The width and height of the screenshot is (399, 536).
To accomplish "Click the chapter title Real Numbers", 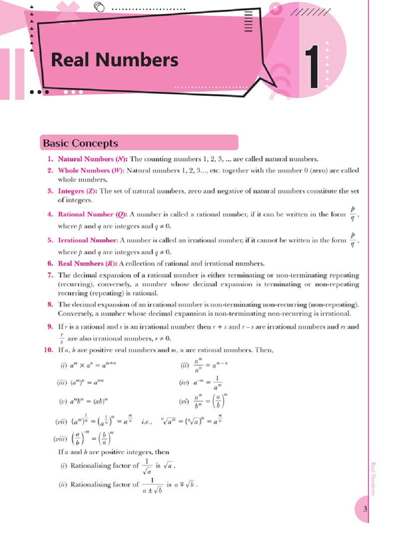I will point(115,60).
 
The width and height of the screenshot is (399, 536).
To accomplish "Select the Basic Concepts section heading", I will point(81,143).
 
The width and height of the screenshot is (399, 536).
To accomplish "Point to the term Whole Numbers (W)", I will point(91,170).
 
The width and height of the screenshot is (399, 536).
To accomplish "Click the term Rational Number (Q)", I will point(93,214).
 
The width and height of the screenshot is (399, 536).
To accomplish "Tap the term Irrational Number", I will point(88,240).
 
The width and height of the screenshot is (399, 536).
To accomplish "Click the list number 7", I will point(50,275).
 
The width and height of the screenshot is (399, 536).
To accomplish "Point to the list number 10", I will point(48,350).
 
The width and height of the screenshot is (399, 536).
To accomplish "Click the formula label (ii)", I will point(185,365).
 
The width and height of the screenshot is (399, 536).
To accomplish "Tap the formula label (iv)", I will point(184,383).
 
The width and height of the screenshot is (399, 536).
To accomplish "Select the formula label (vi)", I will point(184,401).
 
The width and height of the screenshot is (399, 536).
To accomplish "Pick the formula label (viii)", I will point(60,439).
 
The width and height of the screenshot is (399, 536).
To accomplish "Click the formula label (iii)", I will point(62,383).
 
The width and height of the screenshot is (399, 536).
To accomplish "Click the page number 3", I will point(365,509).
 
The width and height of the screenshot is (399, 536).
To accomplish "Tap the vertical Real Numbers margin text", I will point(373,479).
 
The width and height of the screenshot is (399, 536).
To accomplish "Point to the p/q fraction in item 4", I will point(352,214).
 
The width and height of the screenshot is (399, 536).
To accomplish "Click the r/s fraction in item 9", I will point(62,338).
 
